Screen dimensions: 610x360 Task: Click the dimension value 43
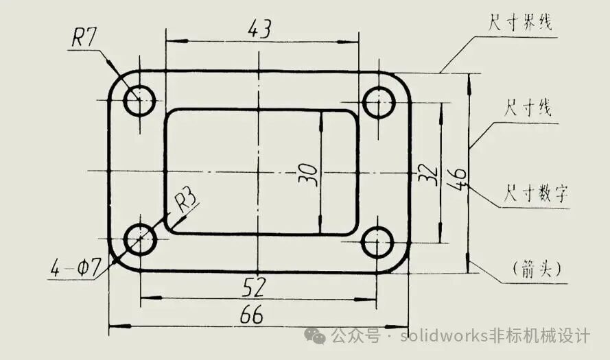(x=259, y=28)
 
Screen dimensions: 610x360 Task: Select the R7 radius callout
(x=84, y=38)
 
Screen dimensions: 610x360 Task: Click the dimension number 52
(x=254, y=287)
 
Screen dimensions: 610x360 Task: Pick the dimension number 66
(x=251, y=315)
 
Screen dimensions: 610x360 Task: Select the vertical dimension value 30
(x=308, y=175)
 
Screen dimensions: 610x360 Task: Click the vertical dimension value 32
(x=427, y=175)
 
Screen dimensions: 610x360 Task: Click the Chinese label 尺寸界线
(x=520, y=22)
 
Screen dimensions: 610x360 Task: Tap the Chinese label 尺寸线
(x=528, y=107)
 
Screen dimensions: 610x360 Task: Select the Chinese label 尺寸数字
(x=536, y=193)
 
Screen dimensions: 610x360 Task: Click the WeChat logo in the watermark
(x=315, y=335)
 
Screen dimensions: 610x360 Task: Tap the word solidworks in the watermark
(x=444, y=335)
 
